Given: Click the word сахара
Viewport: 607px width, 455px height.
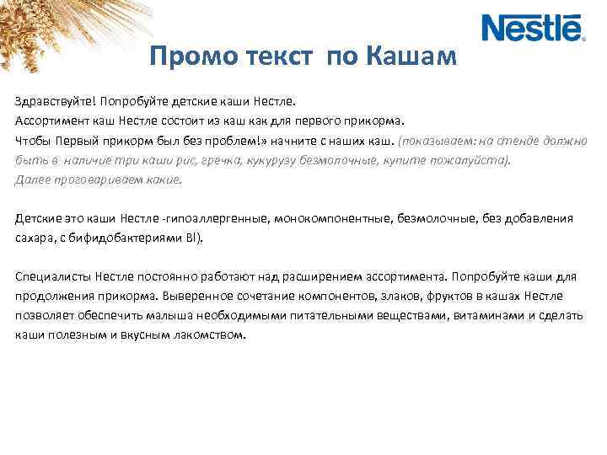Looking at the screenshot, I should pos(33,238).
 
